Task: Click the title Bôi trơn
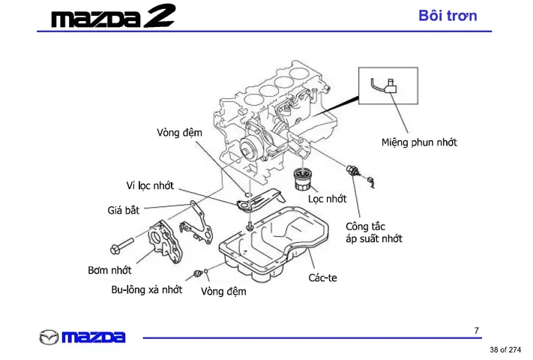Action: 448,16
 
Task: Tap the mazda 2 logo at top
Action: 113,16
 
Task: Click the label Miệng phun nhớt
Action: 419,142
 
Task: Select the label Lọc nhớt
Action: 327,199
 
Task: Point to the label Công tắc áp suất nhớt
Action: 373,232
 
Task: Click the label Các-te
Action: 323,277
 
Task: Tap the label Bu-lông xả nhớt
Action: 146,289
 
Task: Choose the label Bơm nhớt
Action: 109,270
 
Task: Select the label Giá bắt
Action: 123,210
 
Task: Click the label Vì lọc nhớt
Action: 150,185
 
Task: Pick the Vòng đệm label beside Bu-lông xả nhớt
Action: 223,292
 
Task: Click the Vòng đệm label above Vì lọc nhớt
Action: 179,133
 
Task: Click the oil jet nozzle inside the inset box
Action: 388,85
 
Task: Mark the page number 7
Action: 477,330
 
